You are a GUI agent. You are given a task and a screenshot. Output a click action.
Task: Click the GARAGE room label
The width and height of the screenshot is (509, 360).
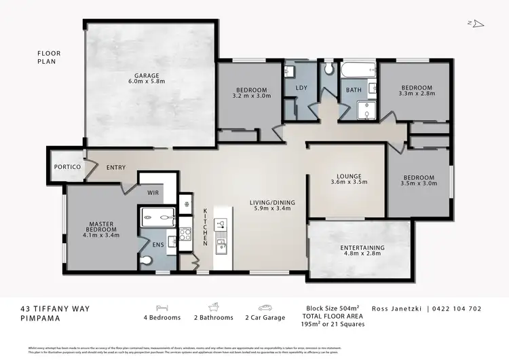point(147,77)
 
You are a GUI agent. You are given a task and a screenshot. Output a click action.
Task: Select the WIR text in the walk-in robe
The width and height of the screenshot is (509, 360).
point(153,192)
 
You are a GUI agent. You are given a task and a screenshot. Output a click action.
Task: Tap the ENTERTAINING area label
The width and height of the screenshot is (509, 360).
point(362,251)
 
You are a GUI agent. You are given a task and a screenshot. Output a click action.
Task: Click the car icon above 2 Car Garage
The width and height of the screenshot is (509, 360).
point(264,307)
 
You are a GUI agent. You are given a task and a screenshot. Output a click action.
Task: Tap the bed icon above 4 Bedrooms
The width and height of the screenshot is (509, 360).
point(162,307)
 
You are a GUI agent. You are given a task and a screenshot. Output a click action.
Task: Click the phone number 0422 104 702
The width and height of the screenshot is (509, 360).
point(456,308)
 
